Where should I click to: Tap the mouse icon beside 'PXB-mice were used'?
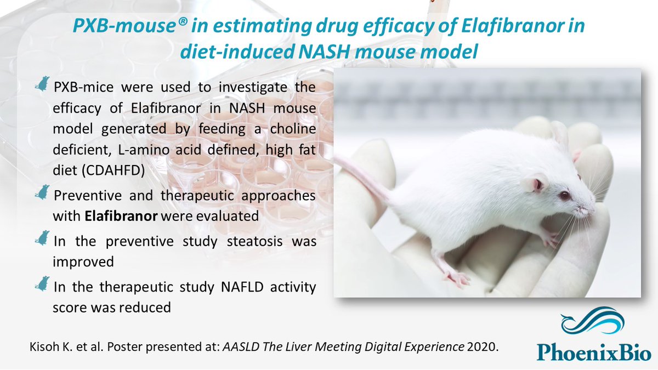(x=42, y=83)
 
